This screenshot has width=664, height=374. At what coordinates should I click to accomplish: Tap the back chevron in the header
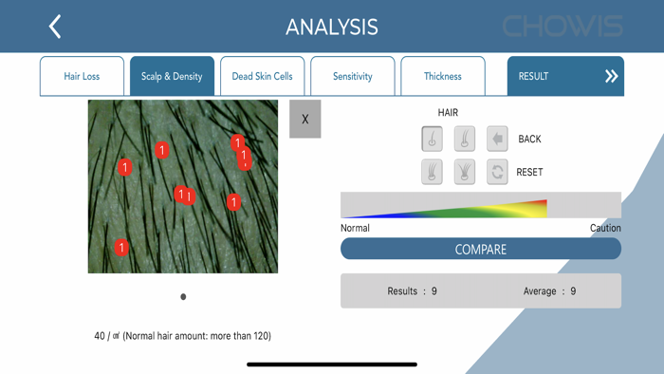tap(55, 27)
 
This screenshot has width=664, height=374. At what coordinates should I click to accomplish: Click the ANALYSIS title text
tap(332, 27)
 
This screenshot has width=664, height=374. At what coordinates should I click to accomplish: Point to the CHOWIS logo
tap(563, 27)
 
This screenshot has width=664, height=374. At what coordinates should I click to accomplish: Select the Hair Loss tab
tap(82, 76)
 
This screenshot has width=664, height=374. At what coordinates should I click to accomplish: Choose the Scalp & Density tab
tap(172, 76)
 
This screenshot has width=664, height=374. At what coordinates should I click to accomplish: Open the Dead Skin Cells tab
tap(262, 76)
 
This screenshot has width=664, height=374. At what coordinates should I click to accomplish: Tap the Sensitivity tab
tap(352, 76)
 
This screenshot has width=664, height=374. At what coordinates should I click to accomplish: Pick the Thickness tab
tap(442, 76)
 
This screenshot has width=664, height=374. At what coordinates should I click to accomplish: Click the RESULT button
tap(565, 76)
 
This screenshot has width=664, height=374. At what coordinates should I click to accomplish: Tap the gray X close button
tap(304, 120)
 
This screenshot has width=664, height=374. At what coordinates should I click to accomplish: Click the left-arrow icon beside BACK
tap(497, 139)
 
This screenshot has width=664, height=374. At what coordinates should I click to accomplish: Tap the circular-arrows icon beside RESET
tap(497, 172)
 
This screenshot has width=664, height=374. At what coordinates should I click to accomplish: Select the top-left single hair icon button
tap(432, 139)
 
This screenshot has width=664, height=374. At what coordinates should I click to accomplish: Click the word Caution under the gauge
tap(605, 228)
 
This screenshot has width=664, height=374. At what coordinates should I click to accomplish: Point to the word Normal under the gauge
tap(355, 228)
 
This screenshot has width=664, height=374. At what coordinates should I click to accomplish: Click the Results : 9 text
tap(412, 291)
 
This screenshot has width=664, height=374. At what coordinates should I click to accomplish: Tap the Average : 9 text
tap(549, 291)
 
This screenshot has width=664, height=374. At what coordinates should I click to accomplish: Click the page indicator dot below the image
tap(183, 297)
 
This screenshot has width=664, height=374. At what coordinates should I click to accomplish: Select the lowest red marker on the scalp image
tap(121, 248)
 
